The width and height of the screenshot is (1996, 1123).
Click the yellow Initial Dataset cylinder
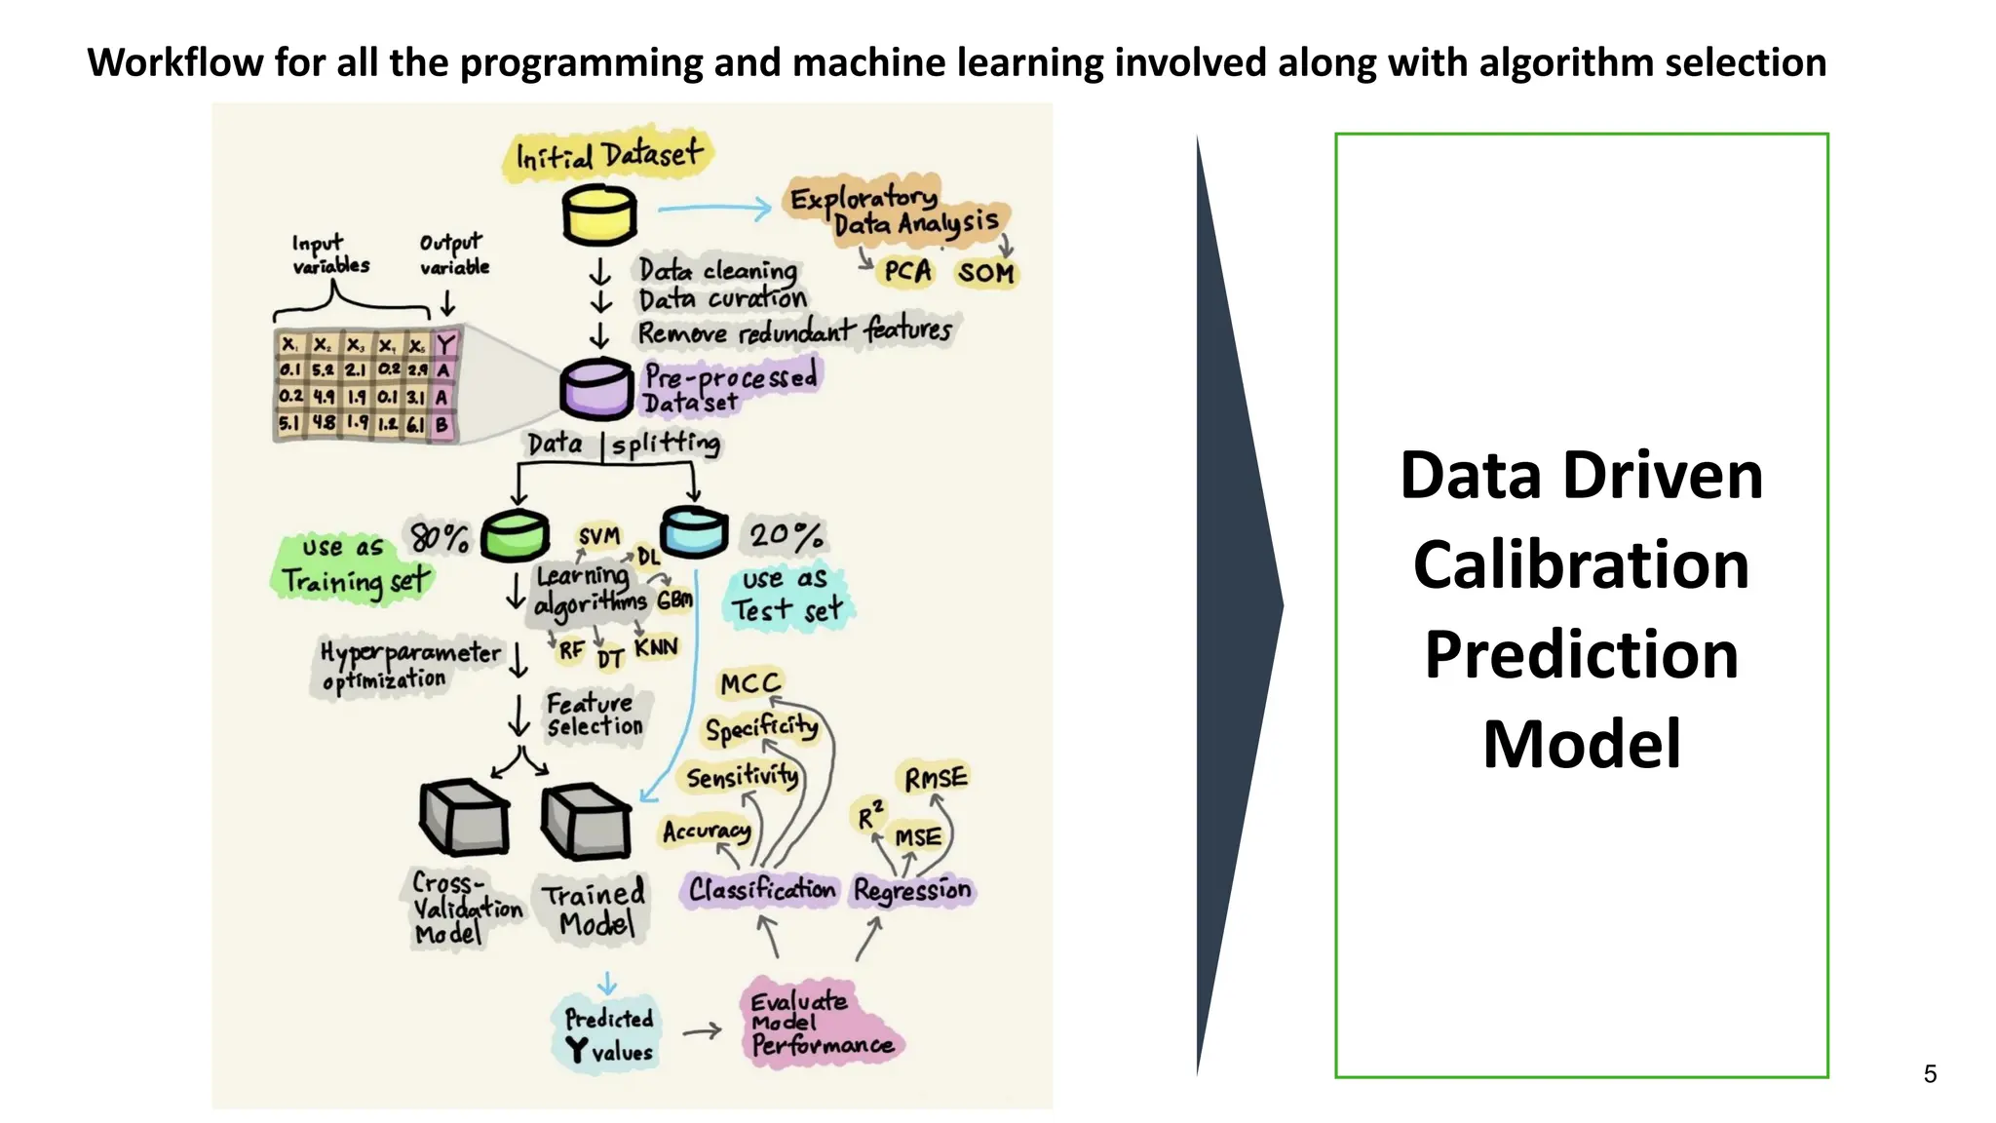pos(598,215)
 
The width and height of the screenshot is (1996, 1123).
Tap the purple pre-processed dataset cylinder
pos(595,389)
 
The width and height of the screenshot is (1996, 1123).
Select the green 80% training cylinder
pos(515,535)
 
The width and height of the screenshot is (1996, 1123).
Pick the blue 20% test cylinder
pos(694,532)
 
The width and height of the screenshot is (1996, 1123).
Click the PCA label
pos(907,271)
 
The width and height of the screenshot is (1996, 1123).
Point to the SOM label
pos(985,273)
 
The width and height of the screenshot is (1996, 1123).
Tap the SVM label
pos(598,535)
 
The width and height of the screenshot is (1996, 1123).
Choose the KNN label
pos(655,647)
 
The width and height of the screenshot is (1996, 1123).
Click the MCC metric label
pos(750,683)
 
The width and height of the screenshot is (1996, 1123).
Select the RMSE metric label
pos(936,778)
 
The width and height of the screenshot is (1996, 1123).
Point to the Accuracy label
pos(707,831)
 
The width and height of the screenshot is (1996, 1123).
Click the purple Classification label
pos(761,889)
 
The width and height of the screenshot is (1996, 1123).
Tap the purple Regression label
pos(912,890)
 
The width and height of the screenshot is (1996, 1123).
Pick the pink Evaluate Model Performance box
pos(821,1023)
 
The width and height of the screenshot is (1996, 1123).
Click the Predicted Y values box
pos(609,1035)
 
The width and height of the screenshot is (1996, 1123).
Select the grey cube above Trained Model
pos(586,821)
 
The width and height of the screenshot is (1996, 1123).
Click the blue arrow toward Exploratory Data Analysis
pos(714,208)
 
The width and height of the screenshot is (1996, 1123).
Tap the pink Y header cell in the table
pos(445,344)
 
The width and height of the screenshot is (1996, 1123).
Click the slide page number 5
pos(1930,1073)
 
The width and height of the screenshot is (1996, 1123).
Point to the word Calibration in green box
pos(1581,565)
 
